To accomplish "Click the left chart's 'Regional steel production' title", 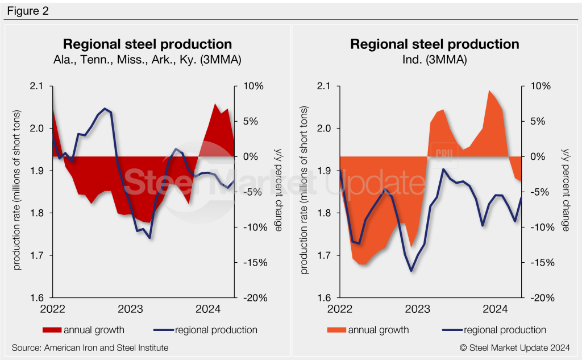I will click(147, 44).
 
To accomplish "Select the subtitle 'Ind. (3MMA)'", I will click(434, 59).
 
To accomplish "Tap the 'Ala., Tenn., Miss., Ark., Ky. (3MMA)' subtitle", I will click(147, 59).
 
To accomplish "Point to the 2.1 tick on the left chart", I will click(38, 86).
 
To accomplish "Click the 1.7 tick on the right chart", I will click(325, 255).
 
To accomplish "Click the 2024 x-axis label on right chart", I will click(495, 309).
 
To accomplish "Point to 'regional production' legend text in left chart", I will click(216, 330).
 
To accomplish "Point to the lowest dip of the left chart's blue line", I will click(149, 238).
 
